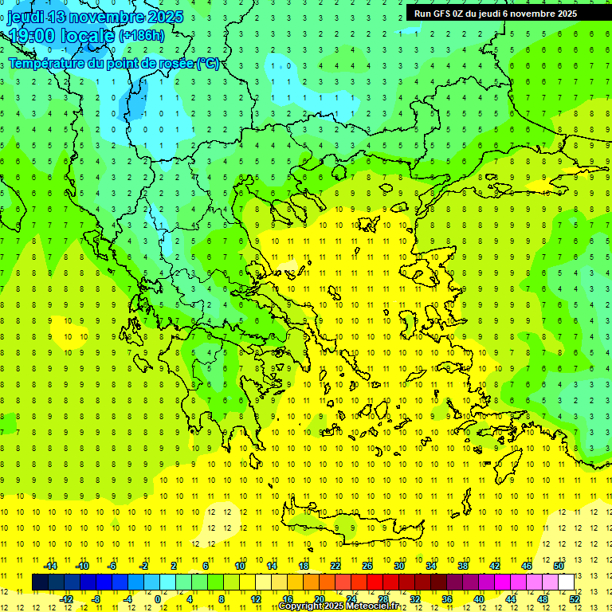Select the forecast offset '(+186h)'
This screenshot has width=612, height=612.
pyautogui.click(x=142, y=35)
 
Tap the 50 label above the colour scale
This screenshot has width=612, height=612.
pyautogui.click(x=559, y=566)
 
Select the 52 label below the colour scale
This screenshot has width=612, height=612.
pyautogui.click(x=575, y=598)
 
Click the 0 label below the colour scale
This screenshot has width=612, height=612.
pyautogui.click(x=158, y=598)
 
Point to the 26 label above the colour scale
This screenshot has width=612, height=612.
pyautogui.click(x=367, y=566)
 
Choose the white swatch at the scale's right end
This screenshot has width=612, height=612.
pyautogui.click(x=566, y=583)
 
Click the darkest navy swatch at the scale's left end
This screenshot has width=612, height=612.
pyautogui.click(x=40, y=583)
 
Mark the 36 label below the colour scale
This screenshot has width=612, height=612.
pyautogui.click(x=447, y=598)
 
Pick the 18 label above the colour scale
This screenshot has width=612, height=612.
pyautogui.click(x=304, y=566)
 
